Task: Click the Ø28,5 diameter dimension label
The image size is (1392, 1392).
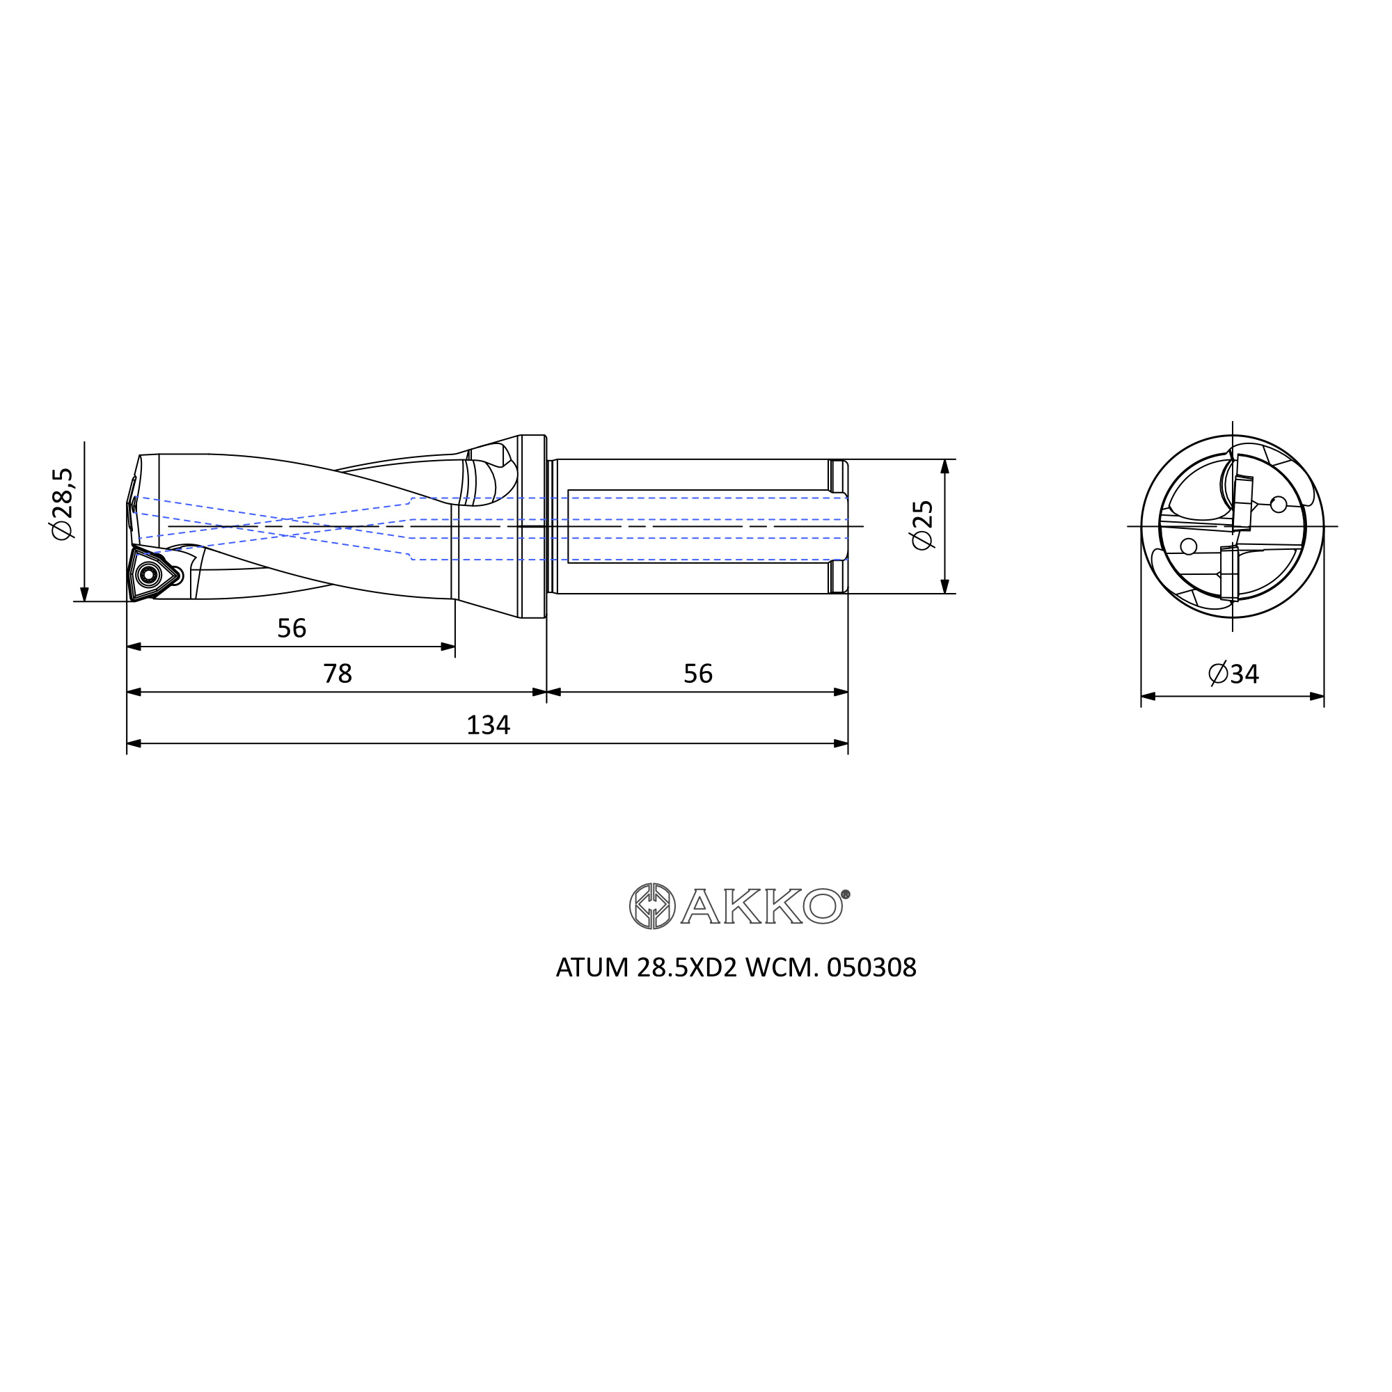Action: [x=62, y=503]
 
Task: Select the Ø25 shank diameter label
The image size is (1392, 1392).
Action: [x=922, y=525]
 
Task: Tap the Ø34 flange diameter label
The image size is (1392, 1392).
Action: [x=1233, y=674]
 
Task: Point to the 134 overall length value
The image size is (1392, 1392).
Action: [x=488, y=725]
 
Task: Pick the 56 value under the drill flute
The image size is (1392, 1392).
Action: [x=292, y=628]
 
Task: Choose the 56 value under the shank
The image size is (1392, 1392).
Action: [x=697, y=674]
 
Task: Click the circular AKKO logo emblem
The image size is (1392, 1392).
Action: [x=652, y=905]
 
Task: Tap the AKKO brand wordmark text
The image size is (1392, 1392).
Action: [x=762, y=906]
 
